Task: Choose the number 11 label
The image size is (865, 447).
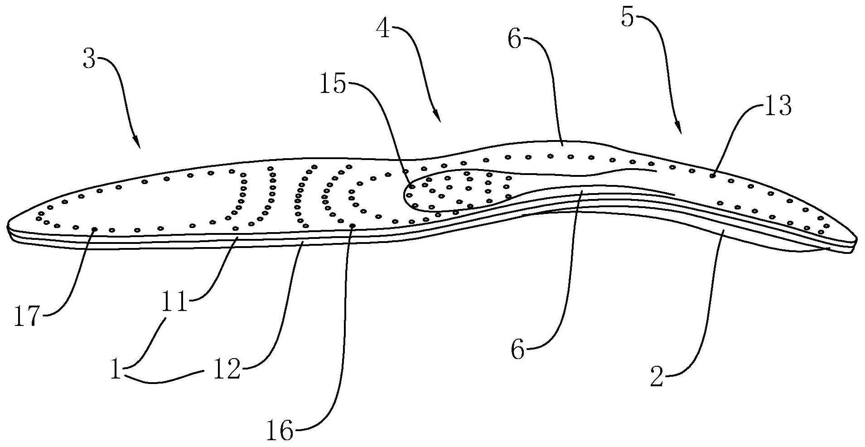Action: pos(175,302)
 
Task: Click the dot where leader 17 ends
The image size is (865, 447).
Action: pos(94,229)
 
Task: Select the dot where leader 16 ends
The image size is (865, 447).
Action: pos(353,225)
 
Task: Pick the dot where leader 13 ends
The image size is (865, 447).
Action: pos(712,175)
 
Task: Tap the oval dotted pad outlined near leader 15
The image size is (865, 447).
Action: pos(458,190)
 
